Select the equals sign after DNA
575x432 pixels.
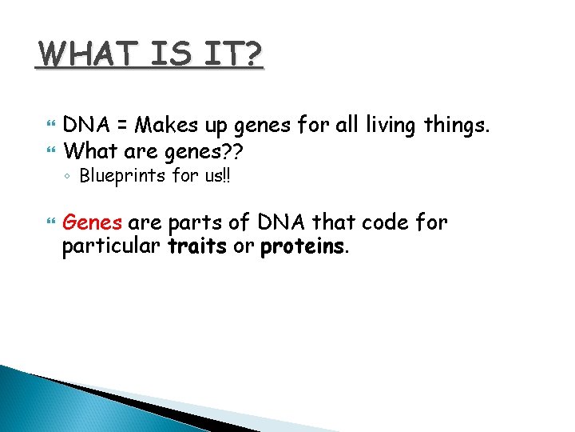[x=121, y=126]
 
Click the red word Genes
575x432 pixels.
[x=92, y=222]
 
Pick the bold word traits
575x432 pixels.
[x=197, y=246]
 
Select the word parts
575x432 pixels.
[x=193, y=222]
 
